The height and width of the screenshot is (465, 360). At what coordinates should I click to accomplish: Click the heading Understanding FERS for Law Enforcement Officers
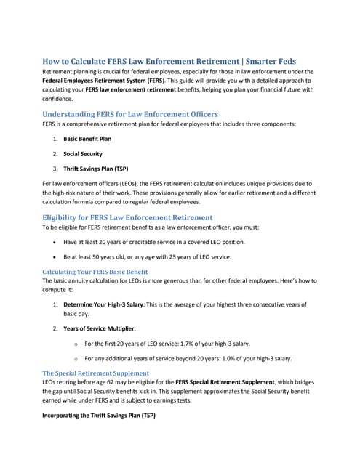130,114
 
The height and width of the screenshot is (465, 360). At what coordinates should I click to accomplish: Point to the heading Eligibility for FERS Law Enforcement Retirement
127,217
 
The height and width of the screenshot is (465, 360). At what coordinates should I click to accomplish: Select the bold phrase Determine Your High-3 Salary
103,304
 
